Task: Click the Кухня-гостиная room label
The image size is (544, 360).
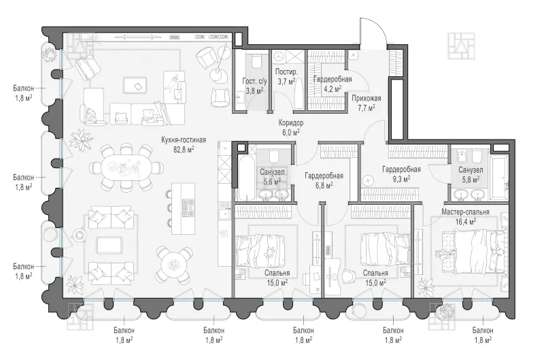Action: tap(184, 140)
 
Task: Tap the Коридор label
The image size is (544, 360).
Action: tap(291, 123)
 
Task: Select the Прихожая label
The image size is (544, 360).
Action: tap(367, 98)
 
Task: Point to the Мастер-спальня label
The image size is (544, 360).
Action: tap(465, 212)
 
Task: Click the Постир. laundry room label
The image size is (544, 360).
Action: tap(286, 72)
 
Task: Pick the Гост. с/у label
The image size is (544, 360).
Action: tap(254, 81)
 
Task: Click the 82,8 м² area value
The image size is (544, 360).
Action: tap(184, 149)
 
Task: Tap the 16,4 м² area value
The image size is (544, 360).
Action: tap(465, 221)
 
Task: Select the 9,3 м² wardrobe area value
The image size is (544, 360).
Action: tap(401, 178)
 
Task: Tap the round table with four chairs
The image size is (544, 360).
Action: tap(173, 265)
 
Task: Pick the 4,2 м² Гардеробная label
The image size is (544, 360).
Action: tap(333, 80)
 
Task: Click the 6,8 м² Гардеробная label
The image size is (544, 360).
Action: tap(324, 176)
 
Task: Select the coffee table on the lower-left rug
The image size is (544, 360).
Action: tap(109, 246)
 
